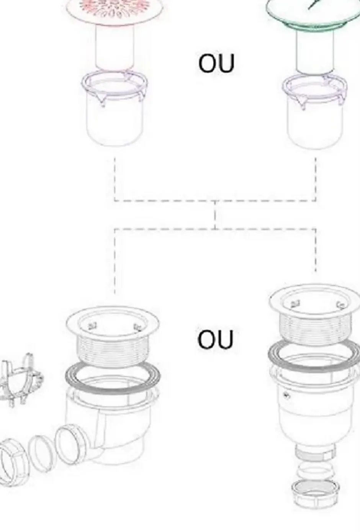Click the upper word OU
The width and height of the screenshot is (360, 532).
pos(216,63)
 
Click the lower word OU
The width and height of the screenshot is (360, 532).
pos(215,339)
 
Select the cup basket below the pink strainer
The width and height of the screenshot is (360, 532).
pos(115,108)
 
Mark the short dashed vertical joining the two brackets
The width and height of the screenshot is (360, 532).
pos(215,215)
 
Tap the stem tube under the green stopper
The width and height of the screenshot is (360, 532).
pos(315,51)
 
